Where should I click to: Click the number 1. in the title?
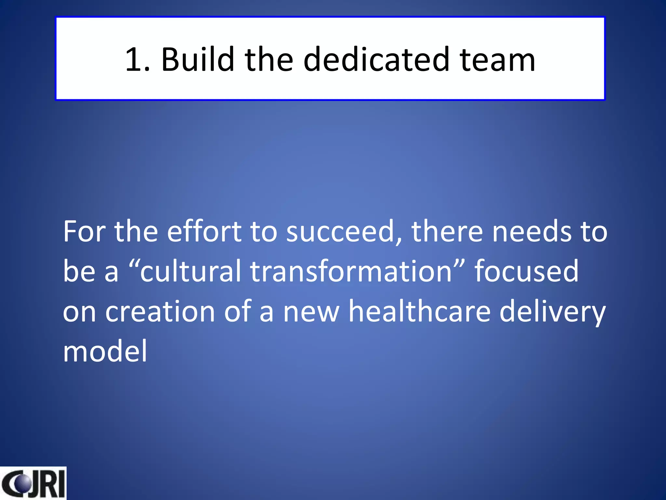click(137, 59)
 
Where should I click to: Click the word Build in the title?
click(197, 59)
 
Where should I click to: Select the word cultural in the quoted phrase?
click(191, 271)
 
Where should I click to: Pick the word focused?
click(526, 271)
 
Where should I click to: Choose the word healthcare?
click(419, 311)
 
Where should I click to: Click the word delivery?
click(552, 312)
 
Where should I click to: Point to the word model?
click(105, 351)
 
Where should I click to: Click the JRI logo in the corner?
click(33, 484)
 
